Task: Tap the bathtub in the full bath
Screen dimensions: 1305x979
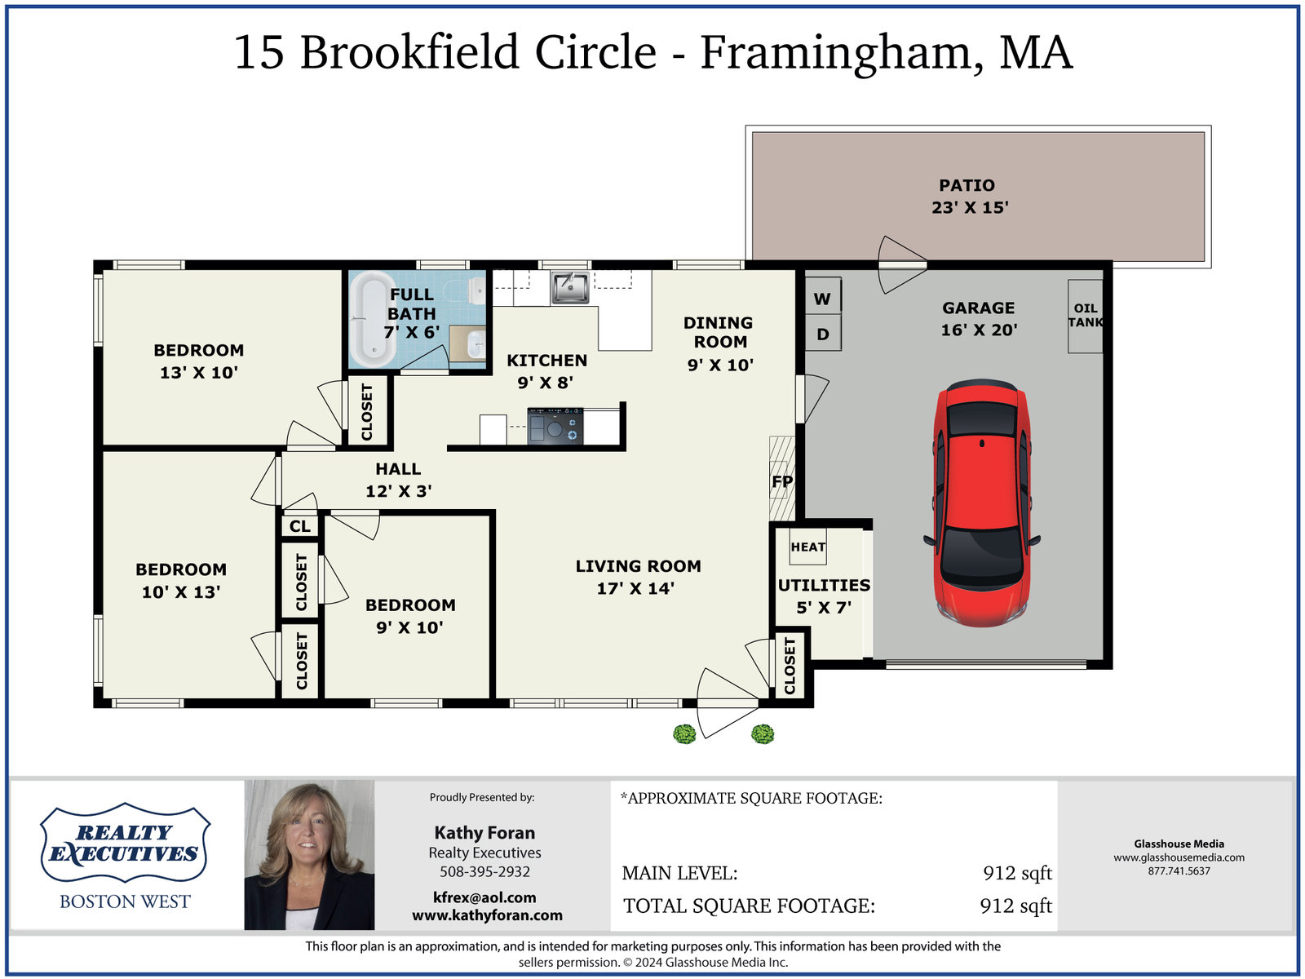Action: coord(373,319)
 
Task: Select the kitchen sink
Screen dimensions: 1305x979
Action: coord(570,287)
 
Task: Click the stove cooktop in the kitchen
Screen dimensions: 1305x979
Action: coord(555,426)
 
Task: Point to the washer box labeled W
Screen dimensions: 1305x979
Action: coord(822,299)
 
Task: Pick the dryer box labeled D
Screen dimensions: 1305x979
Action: coord(823,334)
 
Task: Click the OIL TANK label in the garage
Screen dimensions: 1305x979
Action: coord(1086,316)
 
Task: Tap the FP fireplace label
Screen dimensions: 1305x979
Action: coord(781,481)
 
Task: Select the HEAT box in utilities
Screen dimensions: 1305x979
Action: coord(807,547)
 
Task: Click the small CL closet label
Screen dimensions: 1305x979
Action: coord(300,526)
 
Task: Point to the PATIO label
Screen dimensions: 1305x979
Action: coord(967,185)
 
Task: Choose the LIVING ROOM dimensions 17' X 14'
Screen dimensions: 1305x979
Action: coord(635,588)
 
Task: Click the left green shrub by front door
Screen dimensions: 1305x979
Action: coord(684,734)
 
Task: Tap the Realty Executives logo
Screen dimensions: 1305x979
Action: coord(125,844)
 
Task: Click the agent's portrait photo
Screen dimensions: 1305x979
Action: coord(309,855)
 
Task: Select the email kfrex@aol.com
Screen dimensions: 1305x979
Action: coord(484,897)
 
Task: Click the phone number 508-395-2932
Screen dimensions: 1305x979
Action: coord(484,871)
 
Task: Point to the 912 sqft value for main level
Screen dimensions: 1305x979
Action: coord(1017,873)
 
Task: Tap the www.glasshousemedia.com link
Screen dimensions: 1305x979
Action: coord(1179,857)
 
